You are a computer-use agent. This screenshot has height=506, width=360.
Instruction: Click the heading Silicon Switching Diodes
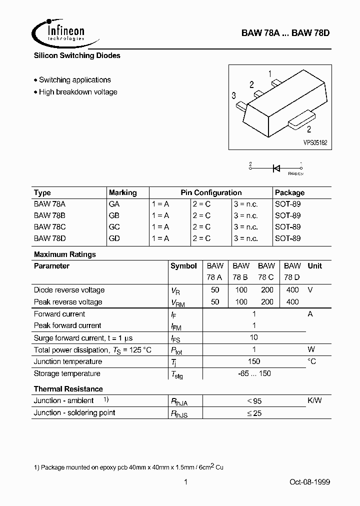click(x=77, y=55)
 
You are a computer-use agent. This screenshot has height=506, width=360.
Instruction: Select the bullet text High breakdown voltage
click(x=78, y=92)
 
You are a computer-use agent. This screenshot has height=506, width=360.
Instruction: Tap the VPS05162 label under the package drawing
click(x=314, y=142)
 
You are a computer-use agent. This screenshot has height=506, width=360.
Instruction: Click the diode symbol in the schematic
click(x=276, y=168)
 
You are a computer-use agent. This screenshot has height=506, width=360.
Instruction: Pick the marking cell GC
click(x=114, y=227)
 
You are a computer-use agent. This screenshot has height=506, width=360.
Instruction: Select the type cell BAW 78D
click(x=50, y=238)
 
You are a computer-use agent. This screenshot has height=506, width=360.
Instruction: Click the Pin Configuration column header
click(x=211, y=192)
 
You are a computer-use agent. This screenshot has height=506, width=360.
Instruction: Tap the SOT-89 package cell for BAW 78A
click(x=287, y=204)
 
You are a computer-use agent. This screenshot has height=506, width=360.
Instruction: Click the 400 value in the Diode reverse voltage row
click(x=292, y=290)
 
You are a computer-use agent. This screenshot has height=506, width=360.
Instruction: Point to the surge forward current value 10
click(x=254, y=337)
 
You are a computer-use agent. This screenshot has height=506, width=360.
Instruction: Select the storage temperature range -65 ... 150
click(x=254, y=373)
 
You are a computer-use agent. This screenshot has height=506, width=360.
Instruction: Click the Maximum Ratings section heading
click(x=64, y=254)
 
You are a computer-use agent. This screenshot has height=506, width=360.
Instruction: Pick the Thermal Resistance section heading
click(x=68, y=389)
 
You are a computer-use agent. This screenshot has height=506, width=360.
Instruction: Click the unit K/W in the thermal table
click(x=314, y=400)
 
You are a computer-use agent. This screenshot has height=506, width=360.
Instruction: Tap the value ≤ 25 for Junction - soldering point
click(x=254, y=413)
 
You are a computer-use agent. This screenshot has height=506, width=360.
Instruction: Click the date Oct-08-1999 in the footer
click(x=309, y=482)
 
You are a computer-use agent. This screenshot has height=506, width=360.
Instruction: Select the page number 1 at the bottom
click(x=185, y=482)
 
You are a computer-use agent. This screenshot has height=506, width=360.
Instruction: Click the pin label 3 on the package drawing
click(x=234, y=95)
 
